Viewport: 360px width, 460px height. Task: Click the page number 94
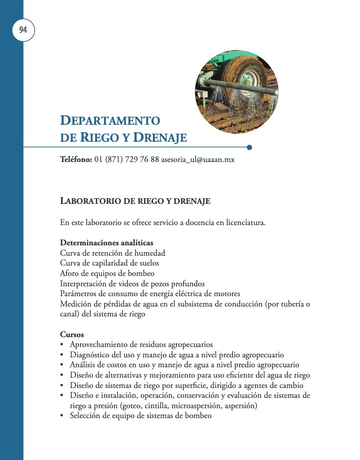pos(23,30)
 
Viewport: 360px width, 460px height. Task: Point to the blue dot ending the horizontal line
pos(249,147)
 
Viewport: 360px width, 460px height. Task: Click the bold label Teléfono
pos(76,160)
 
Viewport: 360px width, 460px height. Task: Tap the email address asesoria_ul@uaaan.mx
pos(198,160)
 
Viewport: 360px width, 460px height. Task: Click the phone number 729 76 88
pos(141,160)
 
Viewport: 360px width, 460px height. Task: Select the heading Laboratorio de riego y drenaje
pos(135,202)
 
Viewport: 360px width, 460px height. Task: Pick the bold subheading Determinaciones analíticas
pos(107,243)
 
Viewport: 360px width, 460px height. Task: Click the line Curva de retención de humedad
pos(112,253)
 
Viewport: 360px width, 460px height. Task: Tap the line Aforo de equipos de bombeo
pos(107,273)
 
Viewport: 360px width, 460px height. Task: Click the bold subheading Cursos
pos(72,335)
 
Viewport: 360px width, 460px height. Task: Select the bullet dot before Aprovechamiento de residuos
pos(62,345)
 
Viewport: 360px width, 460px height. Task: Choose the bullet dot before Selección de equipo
pos(62,416)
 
